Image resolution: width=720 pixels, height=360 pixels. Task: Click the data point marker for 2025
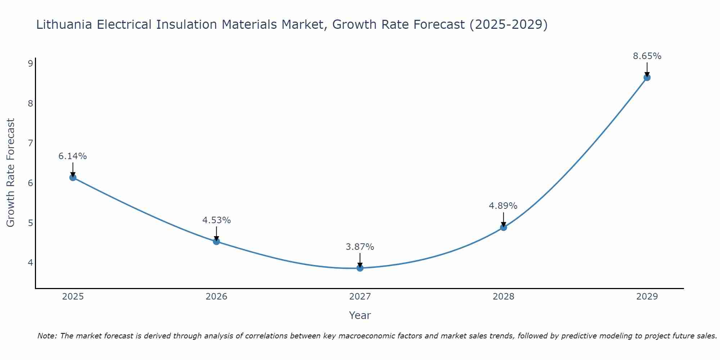pyautogui.click(x=73, y=177)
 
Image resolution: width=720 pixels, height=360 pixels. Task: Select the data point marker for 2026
pyautogui.click(x=216, y=242)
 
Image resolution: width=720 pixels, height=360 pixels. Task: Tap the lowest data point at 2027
pyautogui.click(x=360, y=268)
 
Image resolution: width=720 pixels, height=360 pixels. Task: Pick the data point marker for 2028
pyautogui.click(x=503, y=227)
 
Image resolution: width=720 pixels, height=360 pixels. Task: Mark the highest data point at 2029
pyautogui.click(x=647, y=77)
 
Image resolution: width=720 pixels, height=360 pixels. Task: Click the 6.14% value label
pyautogui.click(x=73, y=156)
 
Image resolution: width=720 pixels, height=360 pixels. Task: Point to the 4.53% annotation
pyautogui.click(x=216, y=220)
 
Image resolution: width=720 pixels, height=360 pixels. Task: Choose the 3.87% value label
pyautogui.click(x=360, y=247)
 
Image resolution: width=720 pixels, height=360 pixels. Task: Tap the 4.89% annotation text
pyautogui.click(x=503, y=206)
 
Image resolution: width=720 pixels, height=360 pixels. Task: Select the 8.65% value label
pyautogui.click(x=647, y=56)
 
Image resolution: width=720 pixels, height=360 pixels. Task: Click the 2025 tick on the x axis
pyautogui.click(x=73, y=297)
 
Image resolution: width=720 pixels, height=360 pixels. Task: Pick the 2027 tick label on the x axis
pyautogui.click(x=360, y=297)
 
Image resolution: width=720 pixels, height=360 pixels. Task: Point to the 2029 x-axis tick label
pyautogui.click(x=647, y=297)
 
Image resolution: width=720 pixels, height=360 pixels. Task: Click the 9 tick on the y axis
pyautogui.click(x=30, y=64)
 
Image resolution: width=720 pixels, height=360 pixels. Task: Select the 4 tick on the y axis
pyautogui.click(x=30, y=263)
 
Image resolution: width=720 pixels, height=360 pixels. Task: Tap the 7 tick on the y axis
pyautogui.click(x=30, y=143)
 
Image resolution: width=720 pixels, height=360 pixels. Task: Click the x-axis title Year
pyautogui.click(x=360, y=315)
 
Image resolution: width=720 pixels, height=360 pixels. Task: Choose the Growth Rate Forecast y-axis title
pyautogui.click(x=11, y=173)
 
